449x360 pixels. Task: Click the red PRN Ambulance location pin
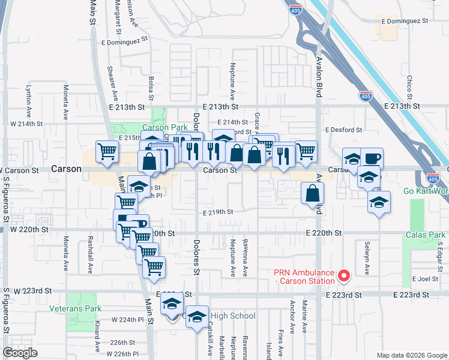click(x=344, y=276)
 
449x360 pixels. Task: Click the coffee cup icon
click(x=372, y=158)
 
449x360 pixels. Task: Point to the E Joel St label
click(x=426, y=279)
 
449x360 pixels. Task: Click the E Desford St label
click(x=343, y=130)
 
